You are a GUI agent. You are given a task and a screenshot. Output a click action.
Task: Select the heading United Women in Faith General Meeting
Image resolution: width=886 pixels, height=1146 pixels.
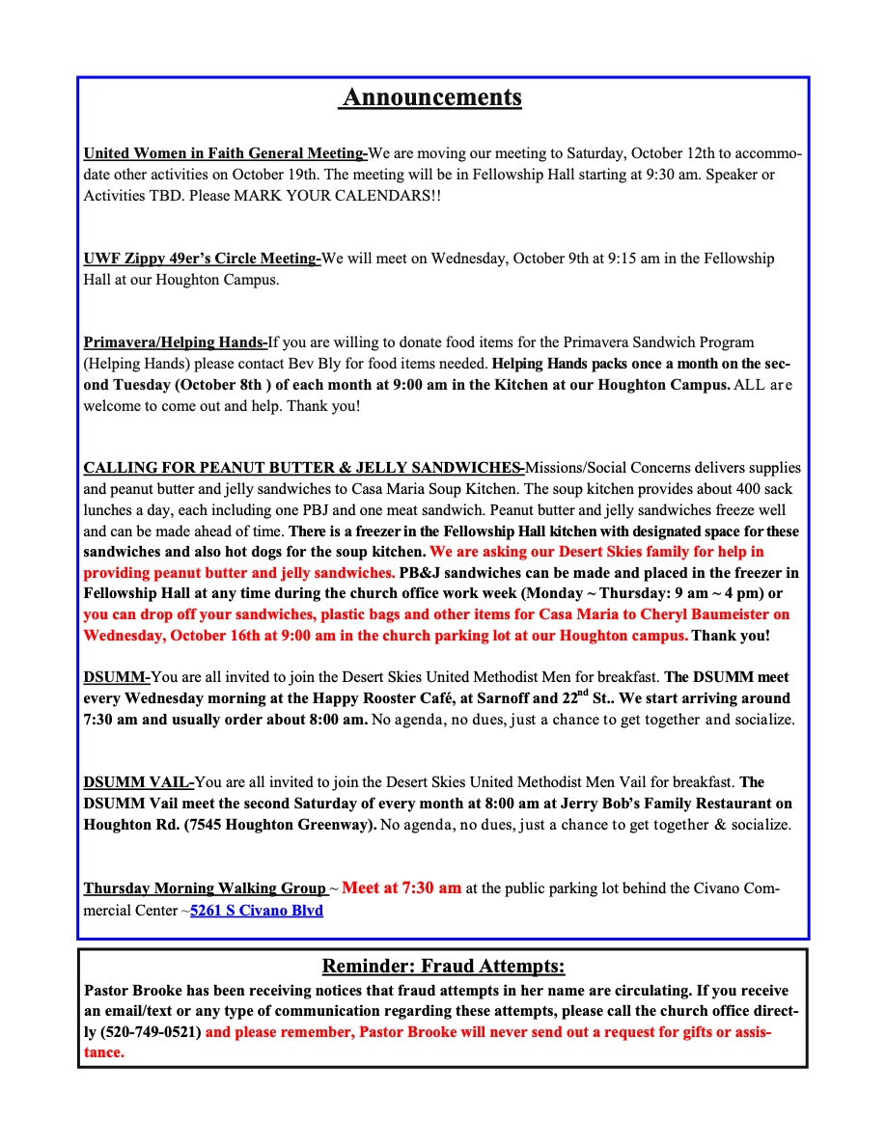[x=225, y=153]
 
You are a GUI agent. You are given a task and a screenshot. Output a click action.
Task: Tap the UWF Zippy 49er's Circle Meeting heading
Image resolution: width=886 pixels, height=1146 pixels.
[x=202, y=259]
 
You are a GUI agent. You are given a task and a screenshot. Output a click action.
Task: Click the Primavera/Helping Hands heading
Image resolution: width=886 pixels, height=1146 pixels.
[x=176, y=342]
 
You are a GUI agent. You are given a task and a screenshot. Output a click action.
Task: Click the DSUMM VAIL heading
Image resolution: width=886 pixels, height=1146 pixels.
[x=139, y=782]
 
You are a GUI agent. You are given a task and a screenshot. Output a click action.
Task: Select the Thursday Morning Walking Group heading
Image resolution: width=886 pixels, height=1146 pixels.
[x=205, y=888]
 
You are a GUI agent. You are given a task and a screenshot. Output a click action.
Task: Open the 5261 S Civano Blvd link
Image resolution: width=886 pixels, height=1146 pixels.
[x=257, y=910]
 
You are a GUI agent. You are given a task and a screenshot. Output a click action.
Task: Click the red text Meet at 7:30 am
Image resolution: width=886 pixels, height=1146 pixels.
[x=401, y=887]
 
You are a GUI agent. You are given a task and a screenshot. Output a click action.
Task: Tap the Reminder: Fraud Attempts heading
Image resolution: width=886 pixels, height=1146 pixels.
[x=443, y=967]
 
